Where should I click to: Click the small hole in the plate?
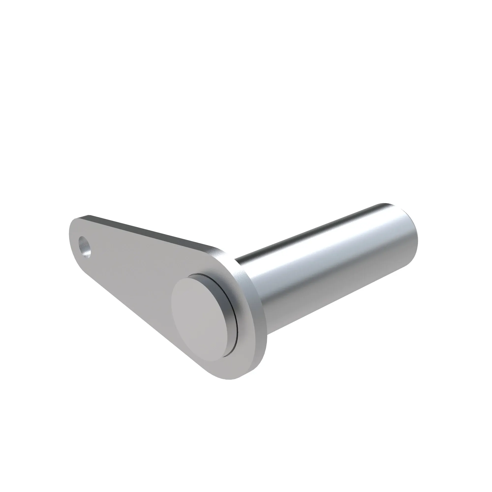point(85,246)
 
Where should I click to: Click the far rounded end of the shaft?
point(410,237)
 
